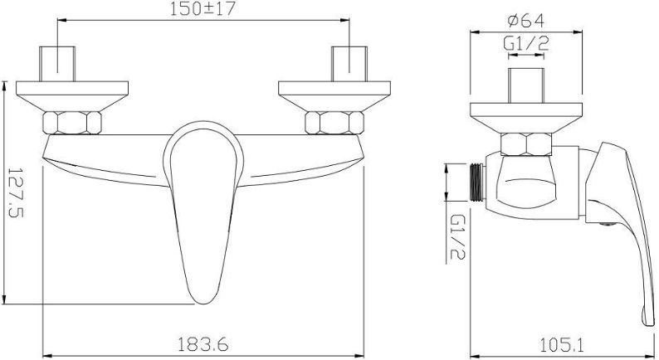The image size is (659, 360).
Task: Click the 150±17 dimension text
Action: [203, 9]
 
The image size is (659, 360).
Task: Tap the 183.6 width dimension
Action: [203, 344]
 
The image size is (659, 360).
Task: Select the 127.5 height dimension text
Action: [17, 192]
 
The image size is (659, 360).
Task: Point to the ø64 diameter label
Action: [525, 21]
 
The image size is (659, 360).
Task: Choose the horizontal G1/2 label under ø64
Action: [525, 44]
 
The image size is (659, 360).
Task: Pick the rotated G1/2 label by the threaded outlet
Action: [457, 236]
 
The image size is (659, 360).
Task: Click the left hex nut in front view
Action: [72, 123]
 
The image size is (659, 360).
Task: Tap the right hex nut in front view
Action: [334, 123]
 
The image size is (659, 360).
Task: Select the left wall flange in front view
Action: [72, 96]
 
